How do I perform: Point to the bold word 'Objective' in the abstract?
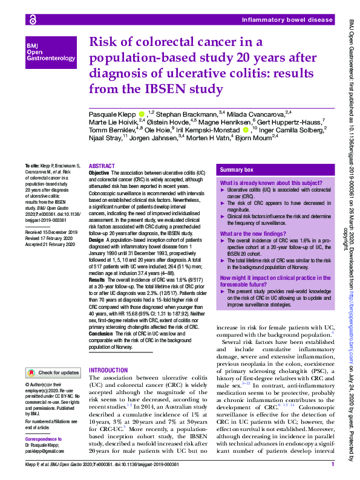99,173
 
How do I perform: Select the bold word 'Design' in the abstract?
97,239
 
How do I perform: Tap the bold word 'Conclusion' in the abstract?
102,332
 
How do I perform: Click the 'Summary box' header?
237,170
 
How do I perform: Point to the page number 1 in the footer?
333,464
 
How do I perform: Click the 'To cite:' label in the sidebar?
31,165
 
